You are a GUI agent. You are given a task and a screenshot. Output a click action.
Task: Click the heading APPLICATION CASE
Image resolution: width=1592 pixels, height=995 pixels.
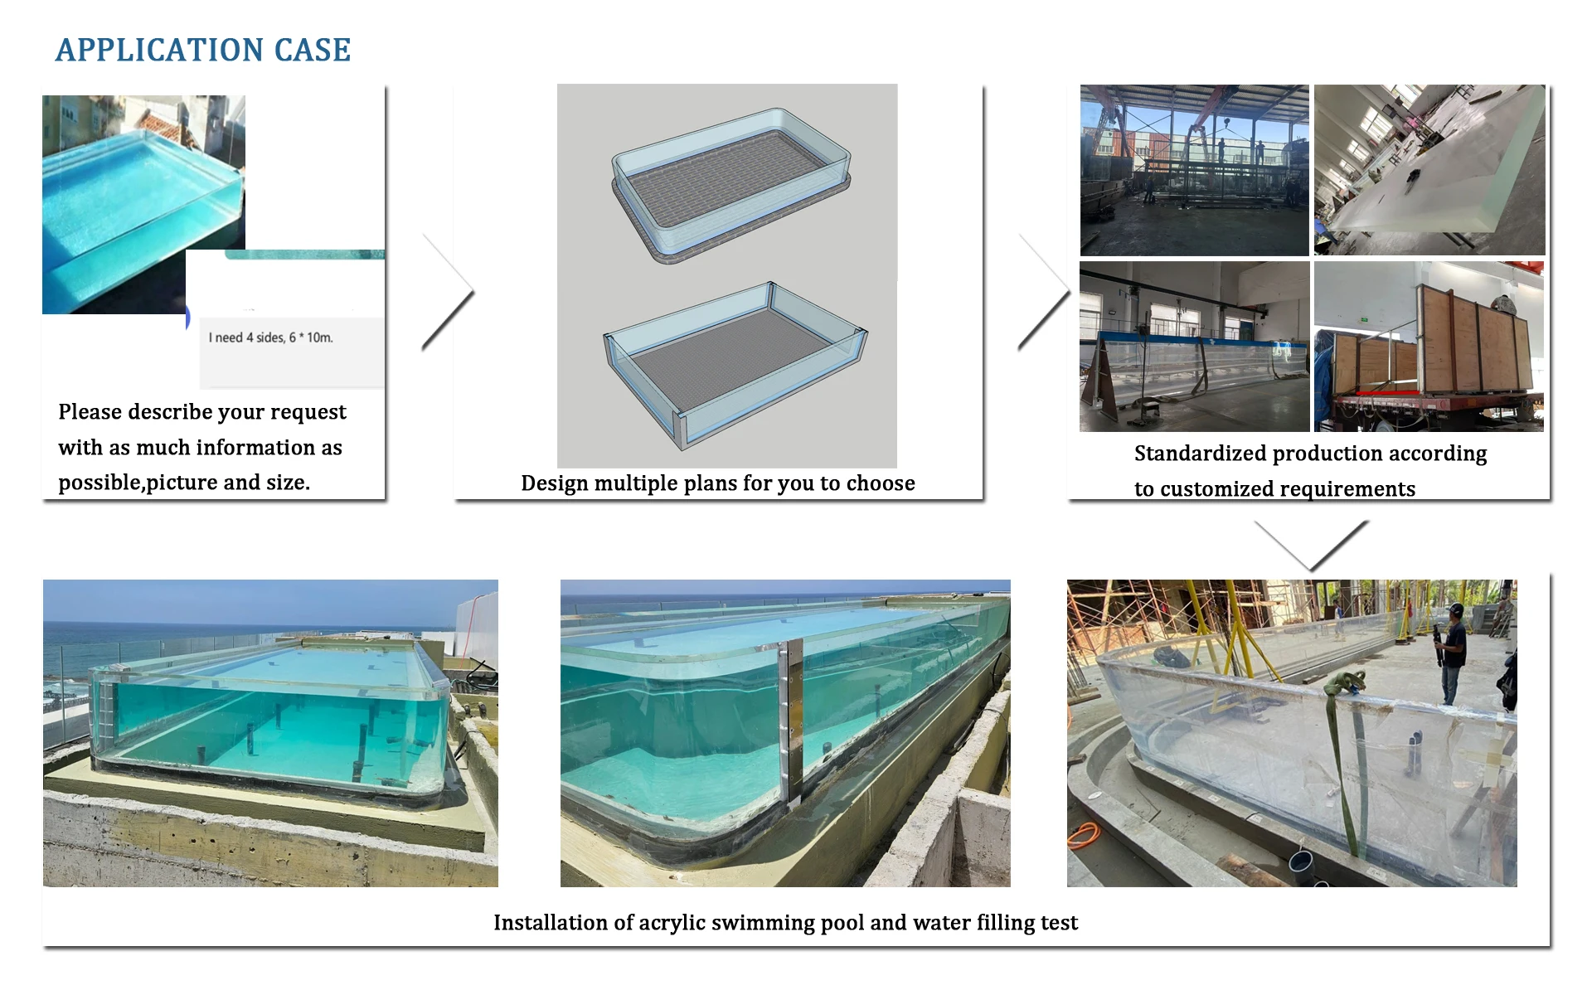coord(203,51)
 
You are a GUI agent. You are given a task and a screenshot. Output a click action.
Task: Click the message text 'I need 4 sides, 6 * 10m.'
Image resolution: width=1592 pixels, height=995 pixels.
coord(270,337)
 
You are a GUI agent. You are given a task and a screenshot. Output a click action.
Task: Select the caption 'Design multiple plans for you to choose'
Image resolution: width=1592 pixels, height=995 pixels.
coord(718,483)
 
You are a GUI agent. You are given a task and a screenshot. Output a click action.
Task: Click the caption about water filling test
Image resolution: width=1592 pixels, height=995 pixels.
coord(785,923)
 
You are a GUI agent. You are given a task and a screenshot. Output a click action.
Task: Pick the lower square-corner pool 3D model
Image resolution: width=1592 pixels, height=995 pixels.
coord(735,361)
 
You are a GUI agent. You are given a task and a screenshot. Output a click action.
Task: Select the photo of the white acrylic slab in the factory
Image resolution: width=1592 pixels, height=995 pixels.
coord(1429,170)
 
